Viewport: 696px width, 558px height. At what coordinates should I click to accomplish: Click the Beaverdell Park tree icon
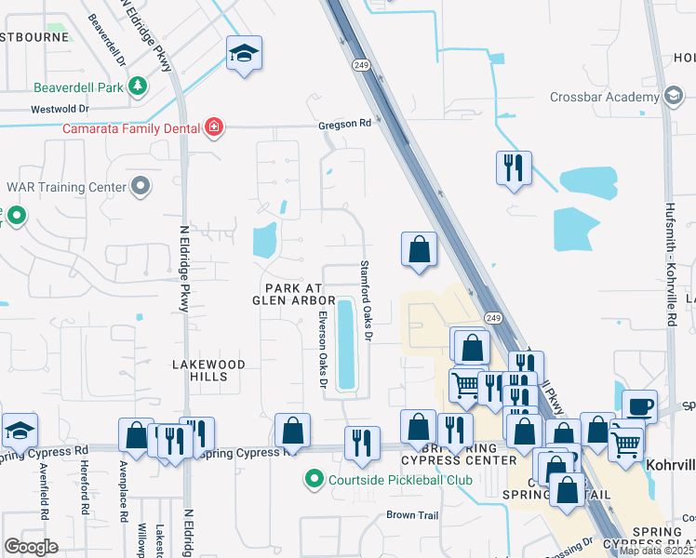point(138,86)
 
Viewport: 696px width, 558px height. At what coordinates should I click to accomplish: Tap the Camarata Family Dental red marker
point(214,126)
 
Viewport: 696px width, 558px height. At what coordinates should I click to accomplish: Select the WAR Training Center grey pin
point(141,187)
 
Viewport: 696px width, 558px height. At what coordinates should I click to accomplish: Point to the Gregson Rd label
point(344,123)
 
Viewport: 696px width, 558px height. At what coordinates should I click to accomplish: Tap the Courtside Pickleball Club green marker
point(314,480)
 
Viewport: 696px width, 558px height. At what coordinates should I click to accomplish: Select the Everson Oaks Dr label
point(323,350)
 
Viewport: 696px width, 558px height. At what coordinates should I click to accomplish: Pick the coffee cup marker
point(639,406)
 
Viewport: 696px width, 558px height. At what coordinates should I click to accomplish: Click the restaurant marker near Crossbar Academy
point(514,168)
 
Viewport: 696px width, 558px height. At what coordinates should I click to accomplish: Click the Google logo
point(31,547)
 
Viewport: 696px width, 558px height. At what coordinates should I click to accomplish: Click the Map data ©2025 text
point(655,551)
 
